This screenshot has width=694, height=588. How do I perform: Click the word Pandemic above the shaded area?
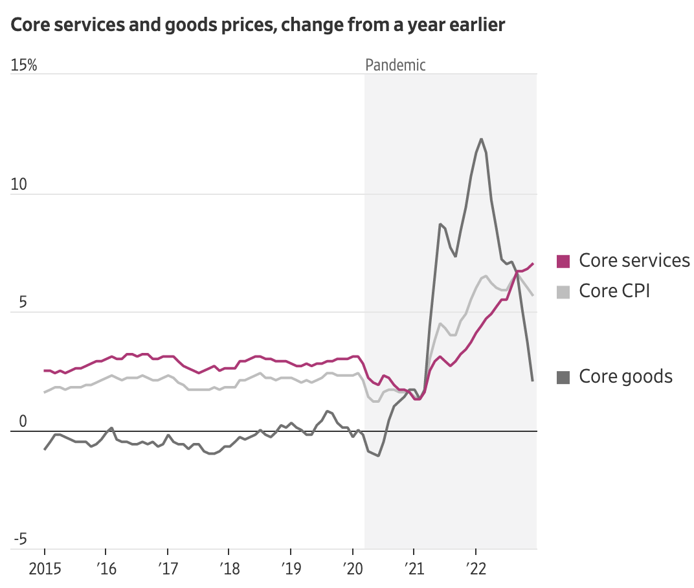396,65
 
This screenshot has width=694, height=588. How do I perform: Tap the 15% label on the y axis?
24,65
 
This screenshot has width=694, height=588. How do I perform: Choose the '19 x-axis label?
290,570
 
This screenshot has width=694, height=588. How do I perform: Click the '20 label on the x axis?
352,570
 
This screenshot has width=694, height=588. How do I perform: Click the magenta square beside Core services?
563,261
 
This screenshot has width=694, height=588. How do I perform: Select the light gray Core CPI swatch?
563,291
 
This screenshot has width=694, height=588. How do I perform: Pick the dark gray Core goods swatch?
563,377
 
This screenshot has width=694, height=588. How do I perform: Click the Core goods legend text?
625,376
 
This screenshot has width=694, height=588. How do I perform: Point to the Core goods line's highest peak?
481,139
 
